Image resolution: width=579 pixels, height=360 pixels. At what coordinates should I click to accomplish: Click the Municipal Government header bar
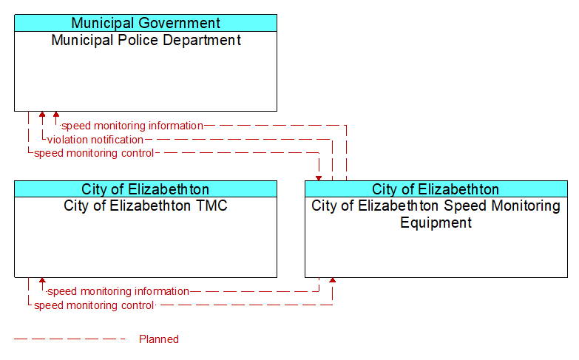click(x=146, y=23)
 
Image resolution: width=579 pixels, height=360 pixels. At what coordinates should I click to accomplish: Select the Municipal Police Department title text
click(x=146, y=40)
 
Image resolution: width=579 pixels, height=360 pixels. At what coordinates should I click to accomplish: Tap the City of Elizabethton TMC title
click(x=146, y=206)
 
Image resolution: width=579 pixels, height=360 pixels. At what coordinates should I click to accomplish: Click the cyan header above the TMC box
click(x=146, y=189)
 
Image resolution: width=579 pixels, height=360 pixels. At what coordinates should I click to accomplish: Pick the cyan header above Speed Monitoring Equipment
click(x=436, y=189)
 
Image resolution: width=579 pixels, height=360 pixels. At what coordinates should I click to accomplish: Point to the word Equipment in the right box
click(x=436, y=223)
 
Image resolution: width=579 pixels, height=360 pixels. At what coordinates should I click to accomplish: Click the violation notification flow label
click(x=95, y=140)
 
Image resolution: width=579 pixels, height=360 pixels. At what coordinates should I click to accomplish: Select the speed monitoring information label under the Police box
click(x=132, y=126)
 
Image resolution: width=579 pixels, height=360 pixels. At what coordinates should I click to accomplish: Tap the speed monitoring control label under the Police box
click(x=94, y=153)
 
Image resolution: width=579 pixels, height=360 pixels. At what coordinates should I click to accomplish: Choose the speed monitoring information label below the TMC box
click(x=118, y=291)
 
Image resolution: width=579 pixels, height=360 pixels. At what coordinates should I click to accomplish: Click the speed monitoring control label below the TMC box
click(x=94, y=305)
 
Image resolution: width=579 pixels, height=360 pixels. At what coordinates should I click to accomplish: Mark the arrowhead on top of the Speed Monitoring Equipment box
click(x=319, y=178)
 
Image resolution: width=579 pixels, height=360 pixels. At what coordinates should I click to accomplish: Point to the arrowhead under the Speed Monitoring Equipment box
click(x=332, y=280)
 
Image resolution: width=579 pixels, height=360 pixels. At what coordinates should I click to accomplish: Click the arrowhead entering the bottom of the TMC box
click(x=42, y=280)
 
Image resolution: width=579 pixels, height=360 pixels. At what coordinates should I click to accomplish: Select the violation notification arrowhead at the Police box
click(x=42, y=114)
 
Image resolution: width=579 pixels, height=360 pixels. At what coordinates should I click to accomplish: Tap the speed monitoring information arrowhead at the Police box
click(x=55, y=114)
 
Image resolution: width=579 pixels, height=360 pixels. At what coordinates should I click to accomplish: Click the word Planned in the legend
click(x=159, y=339)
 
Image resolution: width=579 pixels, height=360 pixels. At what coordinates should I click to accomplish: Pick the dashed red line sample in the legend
click(x=70, y=339)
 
